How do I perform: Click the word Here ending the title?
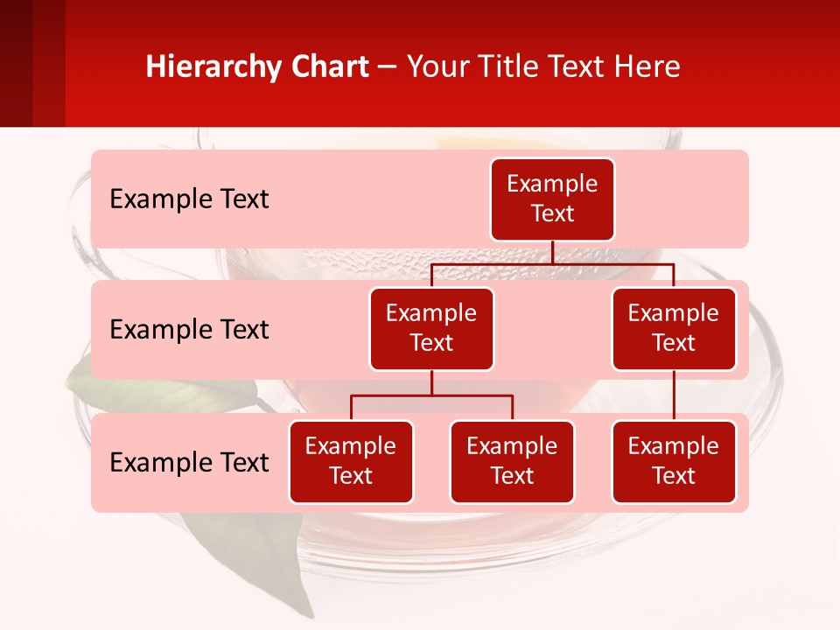(x=645, y=67)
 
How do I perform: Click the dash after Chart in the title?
(x=388, y=68)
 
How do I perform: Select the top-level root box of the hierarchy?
(x=552, y=199)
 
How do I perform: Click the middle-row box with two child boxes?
(x=431, y=329)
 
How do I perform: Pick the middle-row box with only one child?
(x=674, y=329)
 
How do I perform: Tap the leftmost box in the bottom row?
(x=351, y=462)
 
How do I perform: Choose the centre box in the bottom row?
(x=512, y=462)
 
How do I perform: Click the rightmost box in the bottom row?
(x=674, y=462)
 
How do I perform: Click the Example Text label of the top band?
(x=189, y=199)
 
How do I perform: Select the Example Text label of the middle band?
(x=189, y=330)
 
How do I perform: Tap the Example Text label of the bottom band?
(x=189, y=463)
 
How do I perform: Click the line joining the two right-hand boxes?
(x=674, y=395)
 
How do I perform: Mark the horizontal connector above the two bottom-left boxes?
(x=431, y=395)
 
